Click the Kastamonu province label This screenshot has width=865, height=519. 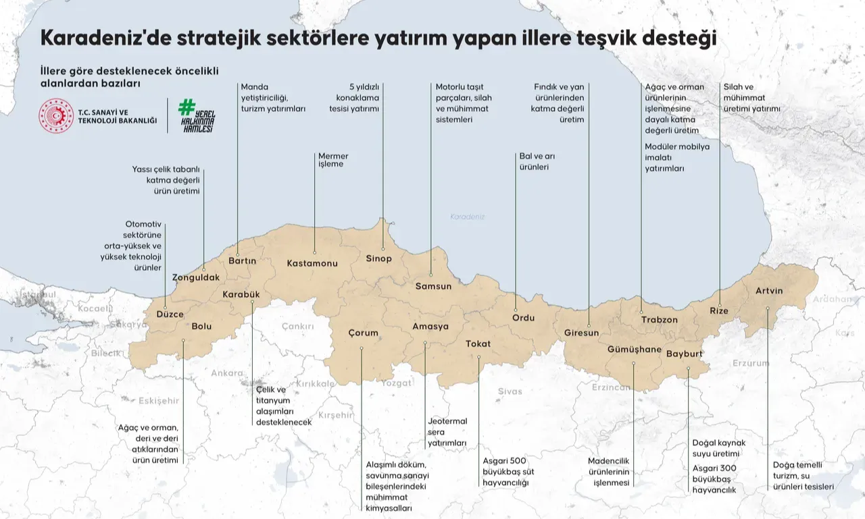(x=312, y=263)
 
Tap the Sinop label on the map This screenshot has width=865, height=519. (x=378, y=258)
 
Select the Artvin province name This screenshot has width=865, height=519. (x=769, y=291)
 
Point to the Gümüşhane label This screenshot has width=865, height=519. (x=635, y=349)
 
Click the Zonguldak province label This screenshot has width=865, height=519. (x=196, y=277)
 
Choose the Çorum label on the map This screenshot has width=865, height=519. (x=363, y=333)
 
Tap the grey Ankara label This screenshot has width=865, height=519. (x=227, y=373)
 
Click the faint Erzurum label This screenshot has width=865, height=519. (x=751, y=363)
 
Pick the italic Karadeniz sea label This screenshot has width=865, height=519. (x=468, y=217)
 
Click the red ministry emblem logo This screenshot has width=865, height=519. (x=56, y=115)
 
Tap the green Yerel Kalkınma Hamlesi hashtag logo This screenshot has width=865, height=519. (x=196, y=115)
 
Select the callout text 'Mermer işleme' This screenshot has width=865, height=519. (x=333, y=160)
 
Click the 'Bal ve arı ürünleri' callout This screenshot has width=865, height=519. (x=537, y=161)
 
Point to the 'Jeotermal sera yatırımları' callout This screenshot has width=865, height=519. (x=447, y=432)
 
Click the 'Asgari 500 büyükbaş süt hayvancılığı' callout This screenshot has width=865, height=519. (x=508, y=472)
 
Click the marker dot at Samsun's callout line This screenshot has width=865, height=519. (x=431, y=274)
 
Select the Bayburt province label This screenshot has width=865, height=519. (x=685, y=354)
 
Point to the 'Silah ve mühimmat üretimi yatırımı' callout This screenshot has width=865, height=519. (x=751, y=97)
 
